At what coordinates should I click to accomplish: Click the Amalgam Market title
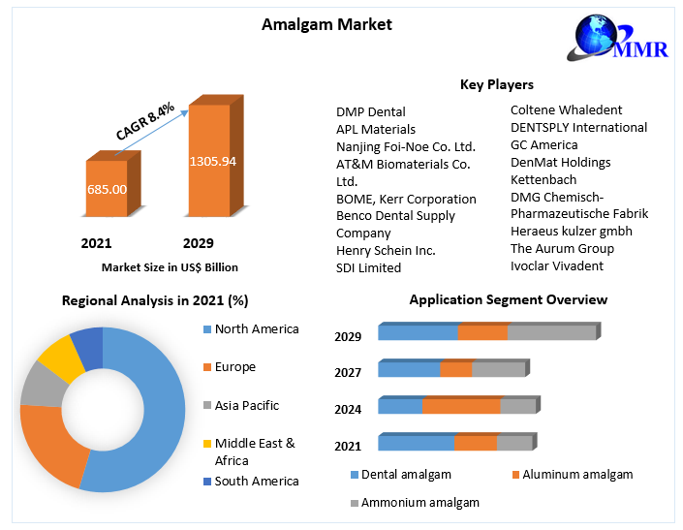pos(326,24)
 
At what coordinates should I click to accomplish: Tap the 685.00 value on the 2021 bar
pos(107,189)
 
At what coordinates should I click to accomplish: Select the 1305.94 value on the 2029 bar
pos(213,161)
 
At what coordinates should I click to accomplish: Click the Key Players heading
pos(496,85)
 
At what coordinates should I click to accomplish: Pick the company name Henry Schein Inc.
pos(386,250)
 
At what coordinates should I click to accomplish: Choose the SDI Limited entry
pos(368,267)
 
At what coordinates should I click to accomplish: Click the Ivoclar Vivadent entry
pos(556,265)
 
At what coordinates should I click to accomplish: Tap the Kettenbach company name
pos(543,179)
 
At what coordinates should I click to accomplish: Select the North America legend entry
pos(257,329)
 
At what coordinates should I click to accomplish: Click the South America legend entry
pos(257,481)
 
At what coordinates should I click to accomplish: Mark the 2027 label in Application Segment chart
pos(348,372)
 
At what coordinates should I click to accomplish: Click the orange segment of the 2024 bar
pos(461,406)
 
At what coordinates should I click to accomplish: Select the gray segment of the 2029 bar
pos(551,332)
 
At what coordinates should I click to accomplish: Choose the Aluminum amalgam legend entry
pos(577,475)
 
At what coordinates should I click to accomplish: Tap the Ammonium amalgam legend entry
pos(419,503)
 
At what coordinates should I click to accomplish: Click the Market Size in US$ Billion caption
pos(170,267)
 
